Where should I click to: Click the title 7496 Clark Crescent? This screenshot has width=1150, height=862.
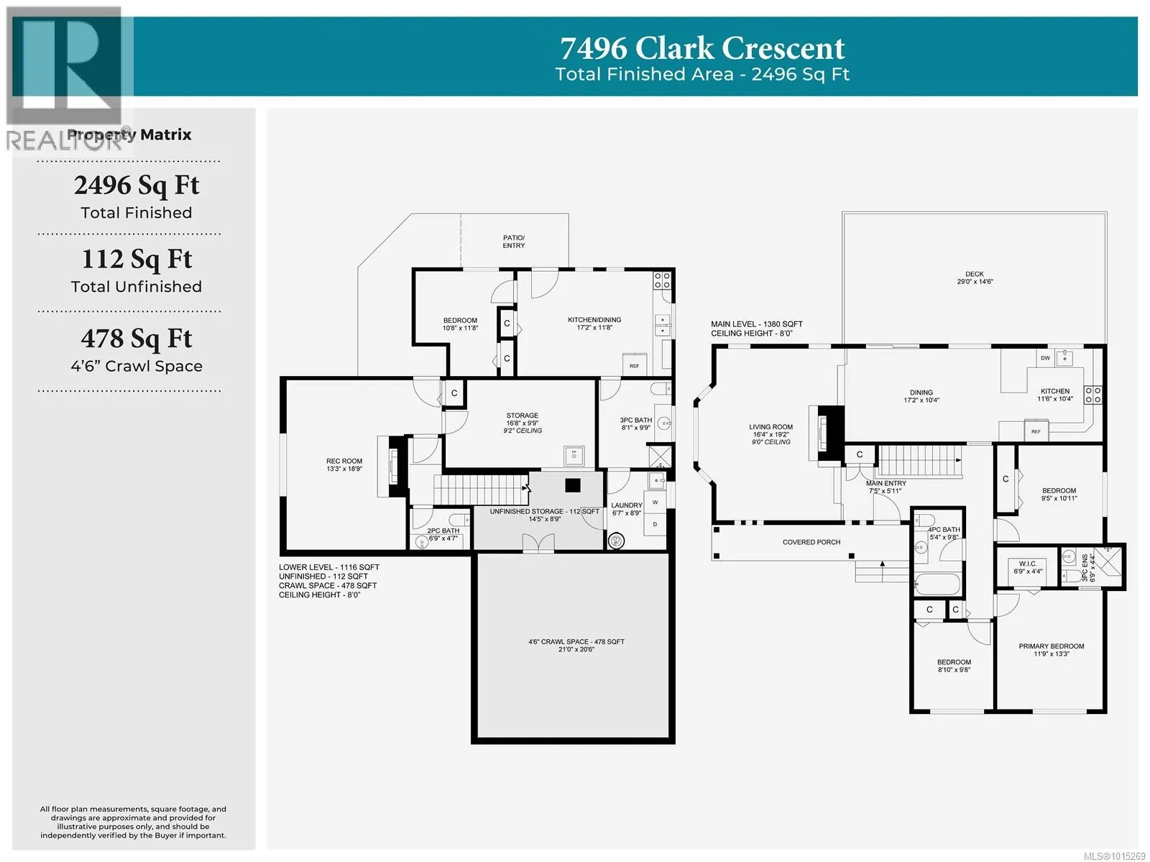[702, 48]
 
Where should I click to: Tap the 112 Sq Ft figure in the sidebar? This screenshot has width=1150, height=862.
[137, 259]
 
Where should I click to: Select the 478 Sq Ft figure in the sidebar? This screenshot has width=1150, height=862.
[137, 338]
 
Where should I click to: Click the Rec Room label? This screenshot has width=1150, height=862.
[344, 462]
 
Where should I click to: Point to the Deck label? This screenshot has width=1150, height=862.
[974, 275]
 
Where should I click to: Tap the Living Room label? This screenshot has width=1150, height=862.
[770, 427]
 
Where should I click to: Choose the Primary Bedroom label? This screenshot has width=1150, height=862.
[1051, 646]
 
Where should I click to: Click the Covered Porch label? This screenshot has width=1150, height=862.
[811, 542]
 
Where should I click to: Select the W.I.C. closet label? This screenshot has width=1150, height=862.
[1027, 564]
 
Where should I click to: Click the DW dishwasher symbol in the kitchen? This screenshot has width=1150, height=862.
[1045, 358]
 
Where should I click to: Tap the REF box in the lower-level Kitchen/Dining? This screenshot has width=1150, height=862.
[634, 365]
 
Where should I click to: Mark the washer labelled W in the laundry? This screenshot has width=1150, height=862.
[655, 503]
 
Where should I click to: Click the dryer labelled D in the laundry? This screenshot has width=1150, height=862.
[655, 524]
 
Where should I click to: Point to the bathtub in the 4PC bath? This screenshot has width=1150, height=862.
[938, 584]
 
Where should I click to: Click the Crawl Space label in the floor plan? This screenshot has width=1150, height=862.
[576, 642]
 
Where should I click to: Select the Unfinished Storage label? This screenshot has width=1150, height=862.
[544, 512]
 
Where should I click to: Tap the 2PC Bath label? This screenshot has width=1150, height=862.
[443, 531]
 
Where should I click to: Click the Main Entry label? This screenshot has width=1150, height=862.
[885, 483]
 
